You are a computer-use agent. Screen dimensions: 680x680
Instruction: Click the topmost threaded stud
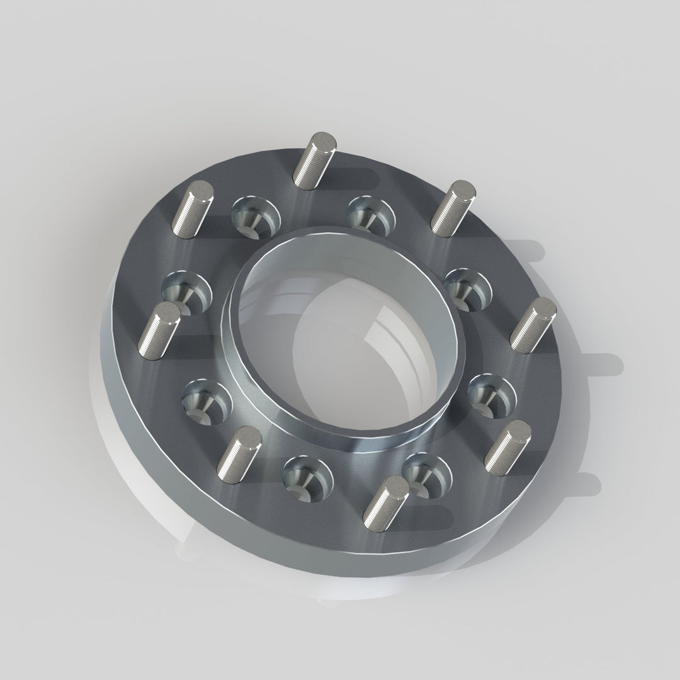click(314, 162)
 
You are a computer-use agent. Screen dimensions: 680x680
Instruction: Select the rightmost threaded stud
click(532, 326)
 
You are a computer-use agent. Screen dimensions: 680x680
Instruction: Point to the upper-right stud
click(451, 209)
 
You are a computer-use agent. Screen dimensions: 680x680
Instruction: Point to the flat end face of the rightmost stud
click(543, 307)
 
